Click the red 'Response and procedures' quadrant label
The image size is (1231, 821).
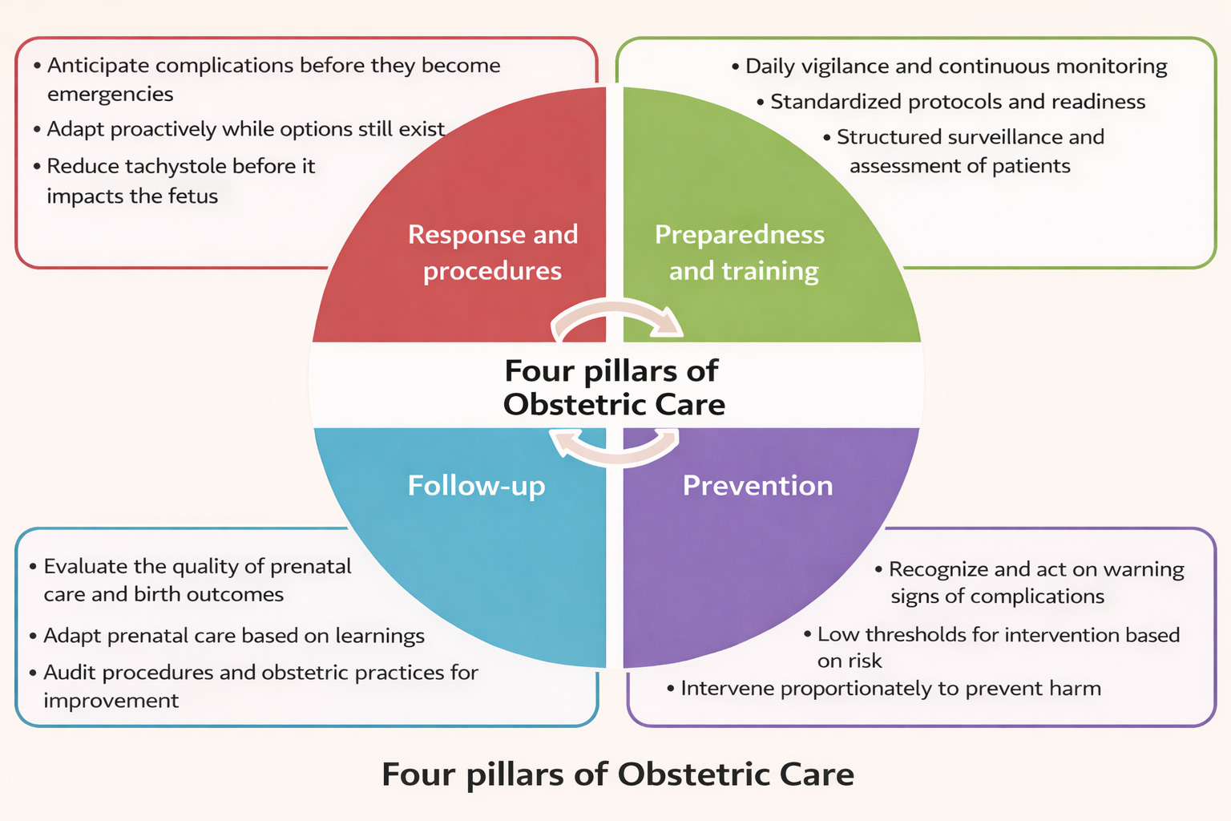pos(492,253)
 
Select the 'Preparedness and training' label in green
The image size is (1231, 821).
pos(740,253)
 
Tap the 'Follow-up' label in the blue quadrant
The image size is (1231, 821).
pos(476,486)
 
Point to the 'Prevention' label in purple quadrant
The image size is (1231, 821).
pos(757,486)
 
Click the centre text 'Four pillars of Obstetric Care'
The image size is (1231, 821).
pos(613,387)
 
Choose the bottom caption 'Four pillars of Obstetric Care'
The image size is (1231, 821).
pos(617,774)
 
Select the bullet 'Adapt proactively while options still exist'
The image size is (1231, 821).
pos(245,129)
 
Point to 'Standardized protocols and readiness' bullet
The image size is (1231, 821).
pos(957,102)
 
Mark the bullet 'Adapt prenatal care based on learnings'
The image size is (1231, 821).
pos(233,636)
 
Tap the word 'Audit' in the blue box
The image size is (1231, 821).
pos(70,673)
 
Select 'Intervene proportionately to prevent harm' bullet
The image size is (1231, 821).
pos(890,689)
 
